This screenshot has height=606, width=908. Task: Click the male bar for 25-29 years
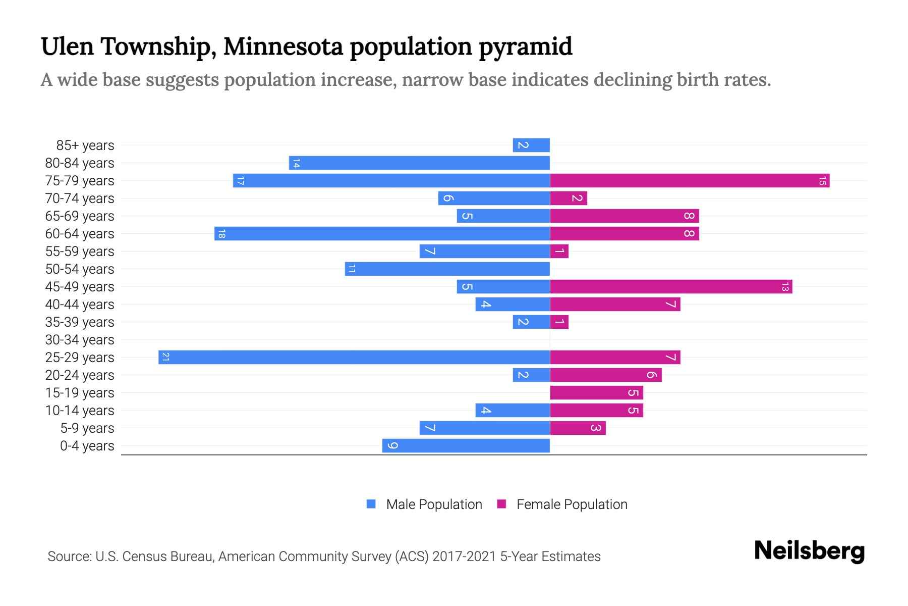(354, 357)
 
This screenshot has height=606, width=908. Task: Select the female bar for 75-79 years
(690, 180)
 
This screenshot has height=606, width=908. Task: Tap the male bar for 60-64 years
(382, 233)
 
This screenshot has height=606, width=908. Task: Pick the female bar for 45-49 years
(671, 286)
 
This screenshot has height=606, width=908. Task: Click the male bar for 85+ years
(531, 145)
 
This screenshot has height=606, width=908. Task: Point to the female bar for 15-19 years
(596, 392)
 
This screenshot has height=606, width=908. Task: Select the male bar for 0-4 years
(466, 445)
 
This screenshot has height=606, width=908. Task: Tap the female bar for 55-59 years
(559, 251)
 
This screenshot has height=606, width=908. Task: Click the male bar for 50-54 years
(447, 269)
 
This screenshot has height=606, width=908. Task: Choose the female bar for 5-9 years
(578, 428)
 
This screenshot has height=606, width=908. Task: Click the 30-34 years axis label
(80, 340)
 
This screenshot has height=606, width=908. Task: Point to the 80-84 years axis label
(80, 163)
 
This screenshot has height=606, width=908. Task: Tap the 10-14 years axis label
(80, 411)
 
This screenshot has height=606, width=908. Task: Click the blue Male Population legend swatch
(371, 504)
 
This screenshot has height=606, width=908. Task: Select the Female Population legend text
(572, 504)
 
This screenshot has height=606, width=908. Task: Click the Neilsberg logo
(809, 551)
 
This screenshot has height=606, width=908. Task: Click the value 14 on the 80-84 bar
(296, 163)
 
